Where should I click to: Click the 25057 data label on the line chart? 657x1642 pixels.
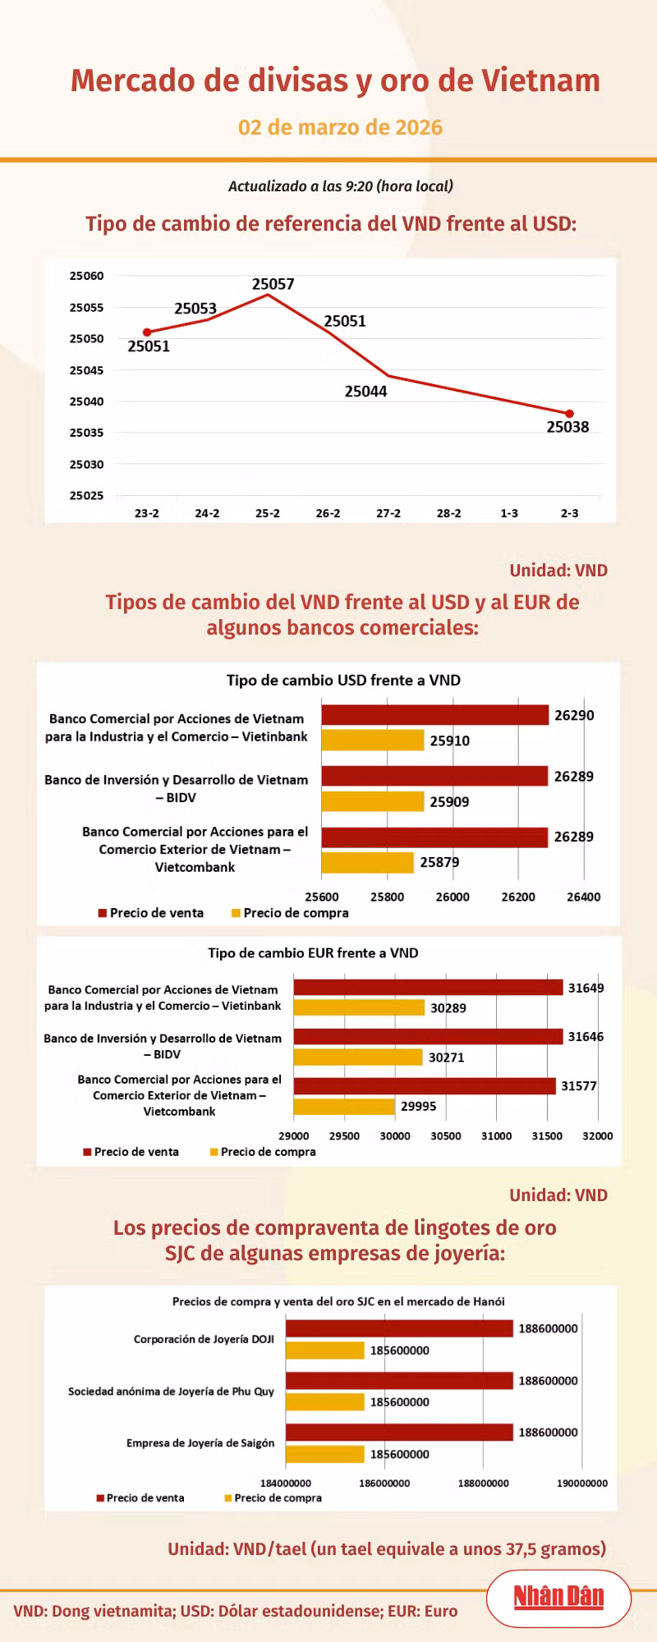click(x=273, y=284)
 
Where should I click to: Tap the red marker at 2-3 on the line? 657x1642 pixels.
click(x=569, y=414)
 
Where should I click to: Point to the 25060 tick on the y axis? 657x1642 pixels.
click(x=86, y=276)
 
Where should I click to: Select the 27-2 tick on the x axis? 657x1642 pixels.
click(x=388, y=513)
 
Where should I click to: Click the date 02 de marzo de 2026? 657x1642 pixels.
click(x=340, y=127)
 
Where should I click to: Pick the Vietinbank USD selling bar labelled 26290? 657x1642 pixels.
click(x=434, y=715)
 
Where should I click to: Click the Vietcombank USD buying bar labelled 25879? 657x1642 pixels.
click(x=367, y=862)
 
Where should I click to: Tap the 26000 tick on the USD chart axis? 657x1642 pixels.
click(x=453, y=897)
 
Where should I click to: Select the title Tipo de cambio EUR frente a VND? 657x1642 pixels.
click(x=313, y=953)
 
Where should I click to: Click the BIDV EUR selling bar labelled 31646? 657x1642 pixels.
click(x=428, y=1037)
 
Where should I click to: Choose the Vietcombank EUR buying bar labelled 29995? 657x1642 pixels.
click(x=344, y=1106)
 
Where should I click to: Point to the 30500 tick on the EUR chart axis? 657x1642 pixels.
click(x=446, y=1136)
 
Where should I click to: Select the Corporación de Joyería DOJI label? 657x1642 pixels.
click(x=204, y=1339)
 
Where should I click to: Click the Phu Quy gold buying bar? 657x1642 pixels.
click(x=324, y=1402)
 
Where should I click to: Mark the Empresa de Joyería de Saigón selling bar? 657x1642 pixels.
click(x=399, y=1433)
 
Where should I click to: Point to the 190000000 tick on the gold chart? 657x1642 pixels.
click(x=582, y=1484)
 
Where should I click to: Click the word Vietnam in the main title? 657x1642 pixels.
click(x=540, y=80)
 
